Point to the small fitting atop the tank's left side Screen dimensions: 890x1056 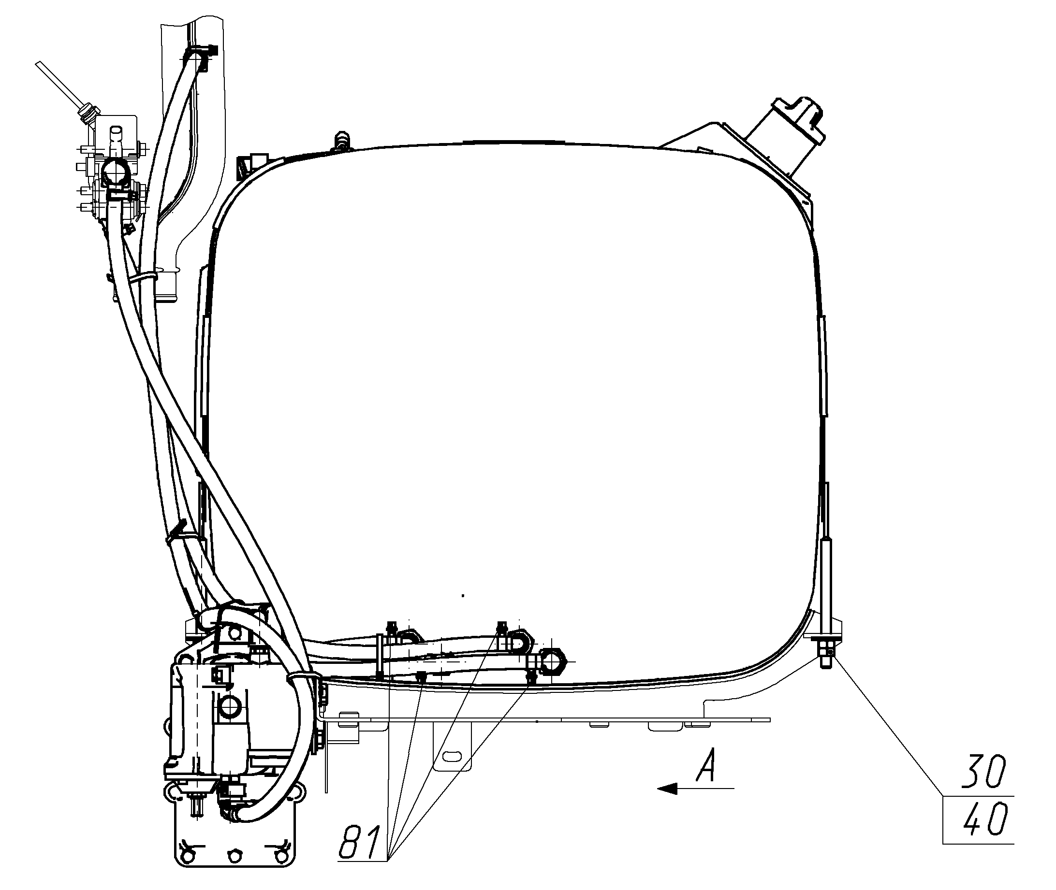pos(341,140)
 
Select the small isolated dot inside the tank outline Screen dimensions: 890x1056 pos(463,596)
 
